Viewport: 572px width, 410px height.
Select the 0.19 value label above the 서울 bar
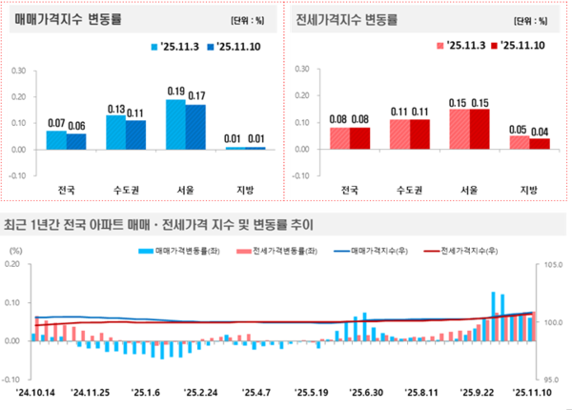[x=175, y=92]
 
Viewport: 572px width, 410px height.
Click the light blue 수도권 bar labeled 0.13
[x=114, y=132]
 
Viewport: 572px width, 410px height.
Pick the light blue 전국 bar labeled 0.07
[x=56, y=139]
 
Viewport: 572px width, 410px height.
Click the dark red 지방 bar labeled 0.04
[x=540, y=143]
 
